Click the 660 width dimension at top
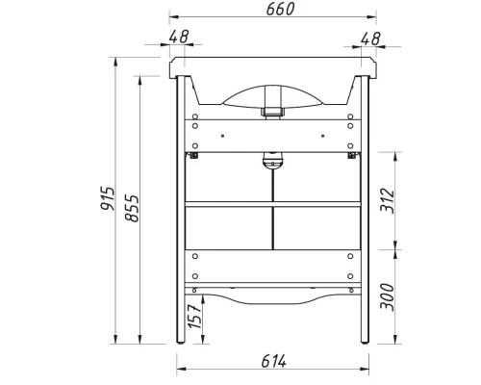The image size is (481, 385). [x=280, y=10]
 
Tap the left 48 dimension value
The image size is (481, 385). [x=179, y=37]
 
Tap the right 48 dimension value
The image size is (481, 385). [x=370, y=38]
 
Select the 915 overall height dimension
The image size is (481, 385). [x=108, y=198]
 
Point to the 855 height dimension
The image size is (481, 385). [x=132, y=208]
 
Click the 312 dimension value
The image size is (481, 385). [x=387, y=200]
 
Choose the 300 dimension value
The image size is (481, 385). [x=387, y=296]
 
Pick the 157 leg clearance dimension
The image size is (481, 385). [x=194, y=316]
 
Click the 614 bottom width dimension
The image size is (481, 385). [x=273, y=361]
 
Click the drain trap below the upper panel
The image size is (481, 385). [x=272, y=160]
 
